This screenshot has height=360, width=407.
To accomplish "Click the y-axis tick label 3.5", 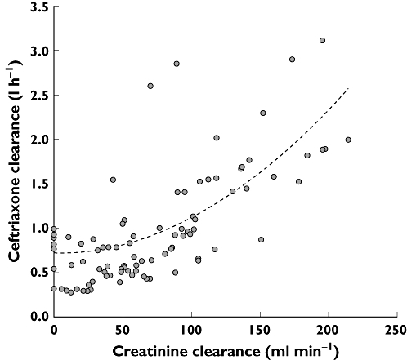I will [x=37, y=7].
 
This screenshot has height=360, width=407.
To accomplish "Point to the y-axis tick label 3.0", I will [x=37, y=51].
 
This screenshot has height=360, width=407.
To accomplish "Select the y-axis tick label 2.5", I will [x=37, y=96].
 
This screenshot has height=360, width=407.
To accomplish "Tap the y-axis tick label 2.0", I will [x=37, y=140].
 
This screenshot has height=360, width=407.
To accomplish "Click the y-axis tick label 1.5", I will [x=37, y=184].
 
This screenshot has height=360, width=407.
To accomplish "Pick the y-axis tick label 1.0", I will [x=37, y=228].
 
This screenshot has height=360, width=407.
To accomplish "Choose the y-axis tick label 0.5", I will [x=37, y=272].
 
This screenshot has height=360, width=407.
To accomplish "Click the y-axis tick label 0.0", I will [x=37, y=316].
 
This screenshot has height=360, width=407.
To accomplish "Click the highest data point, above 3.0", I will [x=322, y=41].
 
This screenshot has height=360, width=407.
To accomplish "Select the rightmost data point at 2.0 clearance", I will [x=348, y=140].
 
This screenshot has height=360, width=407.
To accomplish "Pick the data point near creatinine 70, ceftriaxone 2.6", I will [x=150, y=87].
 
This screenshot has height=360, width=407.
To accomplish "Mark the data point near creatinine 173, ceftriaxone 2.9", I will [x=292, y=60].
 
